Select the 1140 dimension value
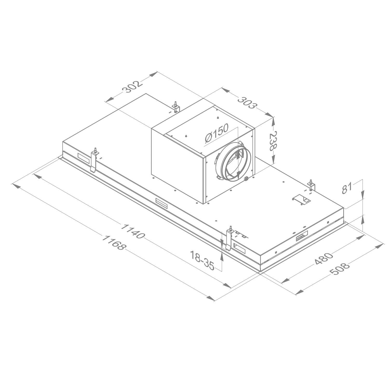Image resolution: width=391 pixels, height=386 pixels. click(x=132, y=231)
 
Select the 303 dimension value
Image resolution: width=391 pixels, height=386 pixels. click(x=247, y=103)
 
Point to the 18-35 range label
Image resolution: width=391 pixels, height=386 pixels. click(x=202, y=261)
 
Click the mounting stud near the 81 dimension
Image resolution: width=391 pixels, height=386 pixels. click(x=311, y=184)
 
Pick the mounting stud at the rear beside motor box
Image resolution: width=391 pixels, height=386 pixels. click(x=176, y=107)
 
